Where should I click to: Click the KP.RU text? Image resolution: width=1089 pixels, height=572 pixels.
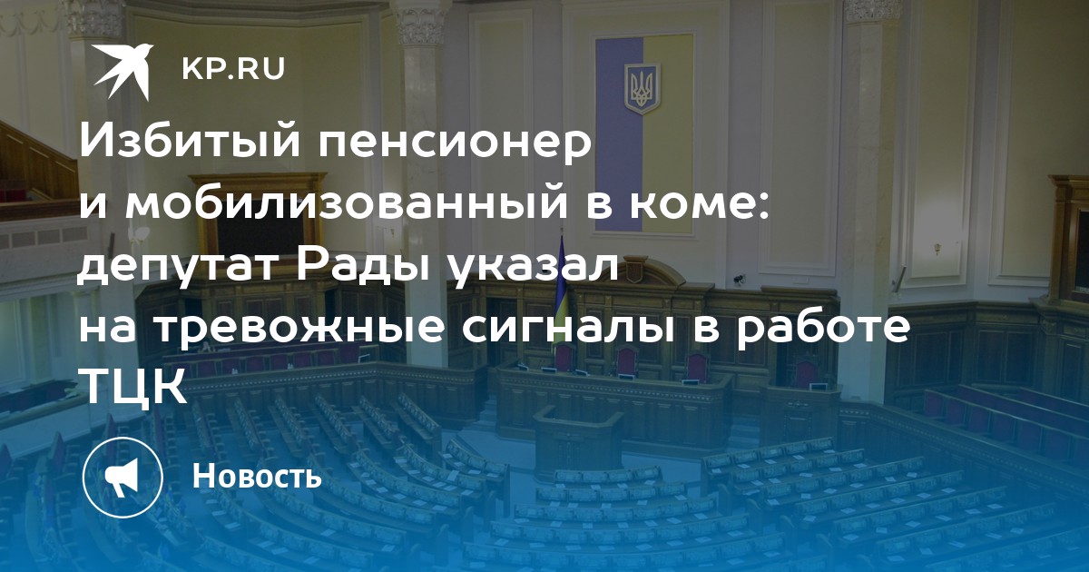point(233,69)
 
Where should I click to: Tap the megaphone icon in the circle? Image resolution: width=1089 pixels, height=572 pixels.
point(123,478)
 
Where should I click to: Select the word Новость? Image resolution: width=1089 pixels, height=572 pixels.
point(257,476)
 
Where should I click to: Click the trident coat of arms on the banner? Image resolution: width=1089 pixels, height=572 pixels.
point(643,90)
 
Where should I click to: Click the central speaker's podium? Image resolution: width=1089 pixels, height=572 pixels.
point(578,434)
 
